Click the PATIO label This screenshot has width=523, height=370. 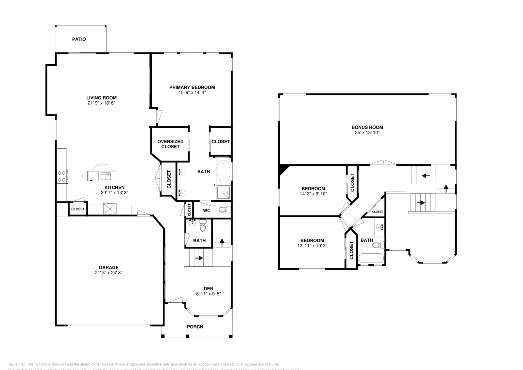click(79, 39)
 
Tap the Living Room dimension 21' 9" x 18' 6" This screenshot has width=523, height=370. click(101, 103)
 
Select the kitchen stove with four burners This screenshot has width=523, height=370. click(62, 176)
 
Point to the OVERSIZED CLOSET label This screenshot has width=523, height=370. click(170, 144)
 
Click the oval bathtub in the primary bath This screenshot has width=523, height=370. click(224, 171)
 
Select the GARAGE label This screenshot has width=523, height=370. click(109, 267)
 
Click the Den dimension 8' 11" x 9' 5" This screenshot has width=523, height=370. click(208, 294)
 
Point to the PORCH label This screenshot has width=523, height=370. click(195, 327)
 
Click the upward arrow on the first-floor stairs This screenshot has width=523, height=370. click(222, 243)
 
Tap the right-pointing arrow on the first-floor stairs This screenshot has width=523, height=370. click(198, 258)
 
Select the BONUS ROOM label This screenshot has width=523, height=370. click(367, 127)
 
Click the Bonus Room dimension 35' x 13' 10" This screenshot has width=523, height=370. click(367, 133)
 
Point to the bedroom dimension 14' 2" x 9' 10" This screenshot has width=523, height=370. click(313, 194)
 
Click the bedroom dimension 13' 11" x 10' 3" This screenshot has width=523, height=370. click(312, 245)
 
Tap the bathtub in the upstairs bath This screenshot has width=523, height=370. click(371, 258)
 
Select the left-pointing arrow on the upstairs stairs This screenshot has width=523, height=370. click(426, 176)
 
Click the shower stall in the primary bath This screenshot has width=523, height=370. click(224, 193)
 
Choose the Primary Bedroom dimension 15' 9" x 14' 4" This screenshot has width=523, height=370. click(192, 92)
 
